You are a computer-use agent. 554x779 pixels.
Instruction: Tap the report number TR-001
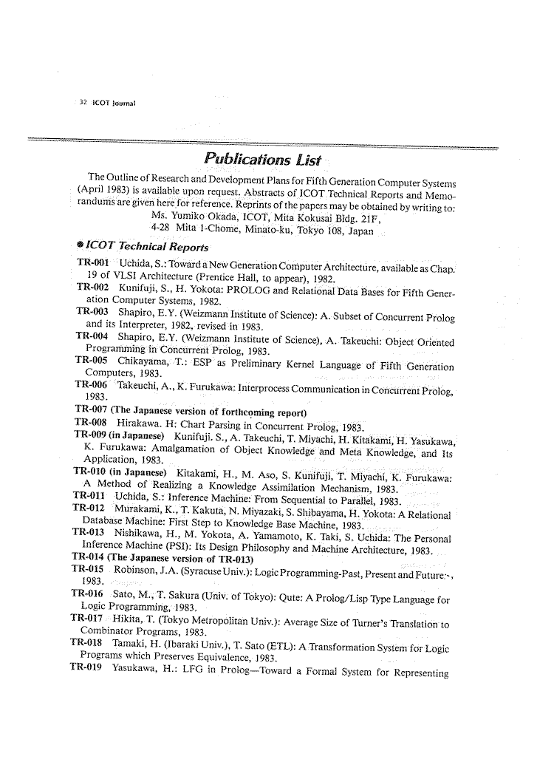(x=93, y=264)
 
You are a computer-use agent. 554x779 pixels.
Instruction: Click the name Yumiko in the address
(x=193, y=216)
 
